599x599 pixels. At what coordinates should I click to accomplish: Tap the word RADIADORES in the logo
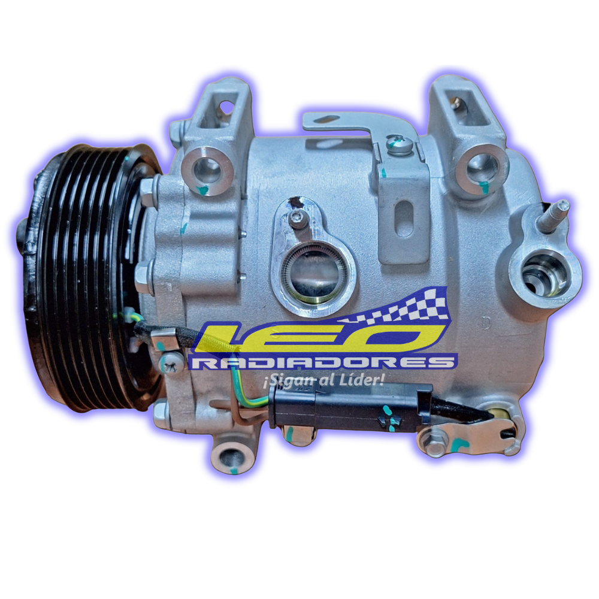tap(323, 362)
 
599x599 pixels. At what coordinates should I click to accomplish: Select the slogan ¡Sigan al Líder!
tap(323, 380)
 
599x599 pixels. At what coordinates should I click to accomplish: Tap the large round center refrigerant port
tap(314, 275)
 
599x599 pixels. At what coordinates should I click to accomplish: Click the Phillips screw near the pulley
tap(171, 364)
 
